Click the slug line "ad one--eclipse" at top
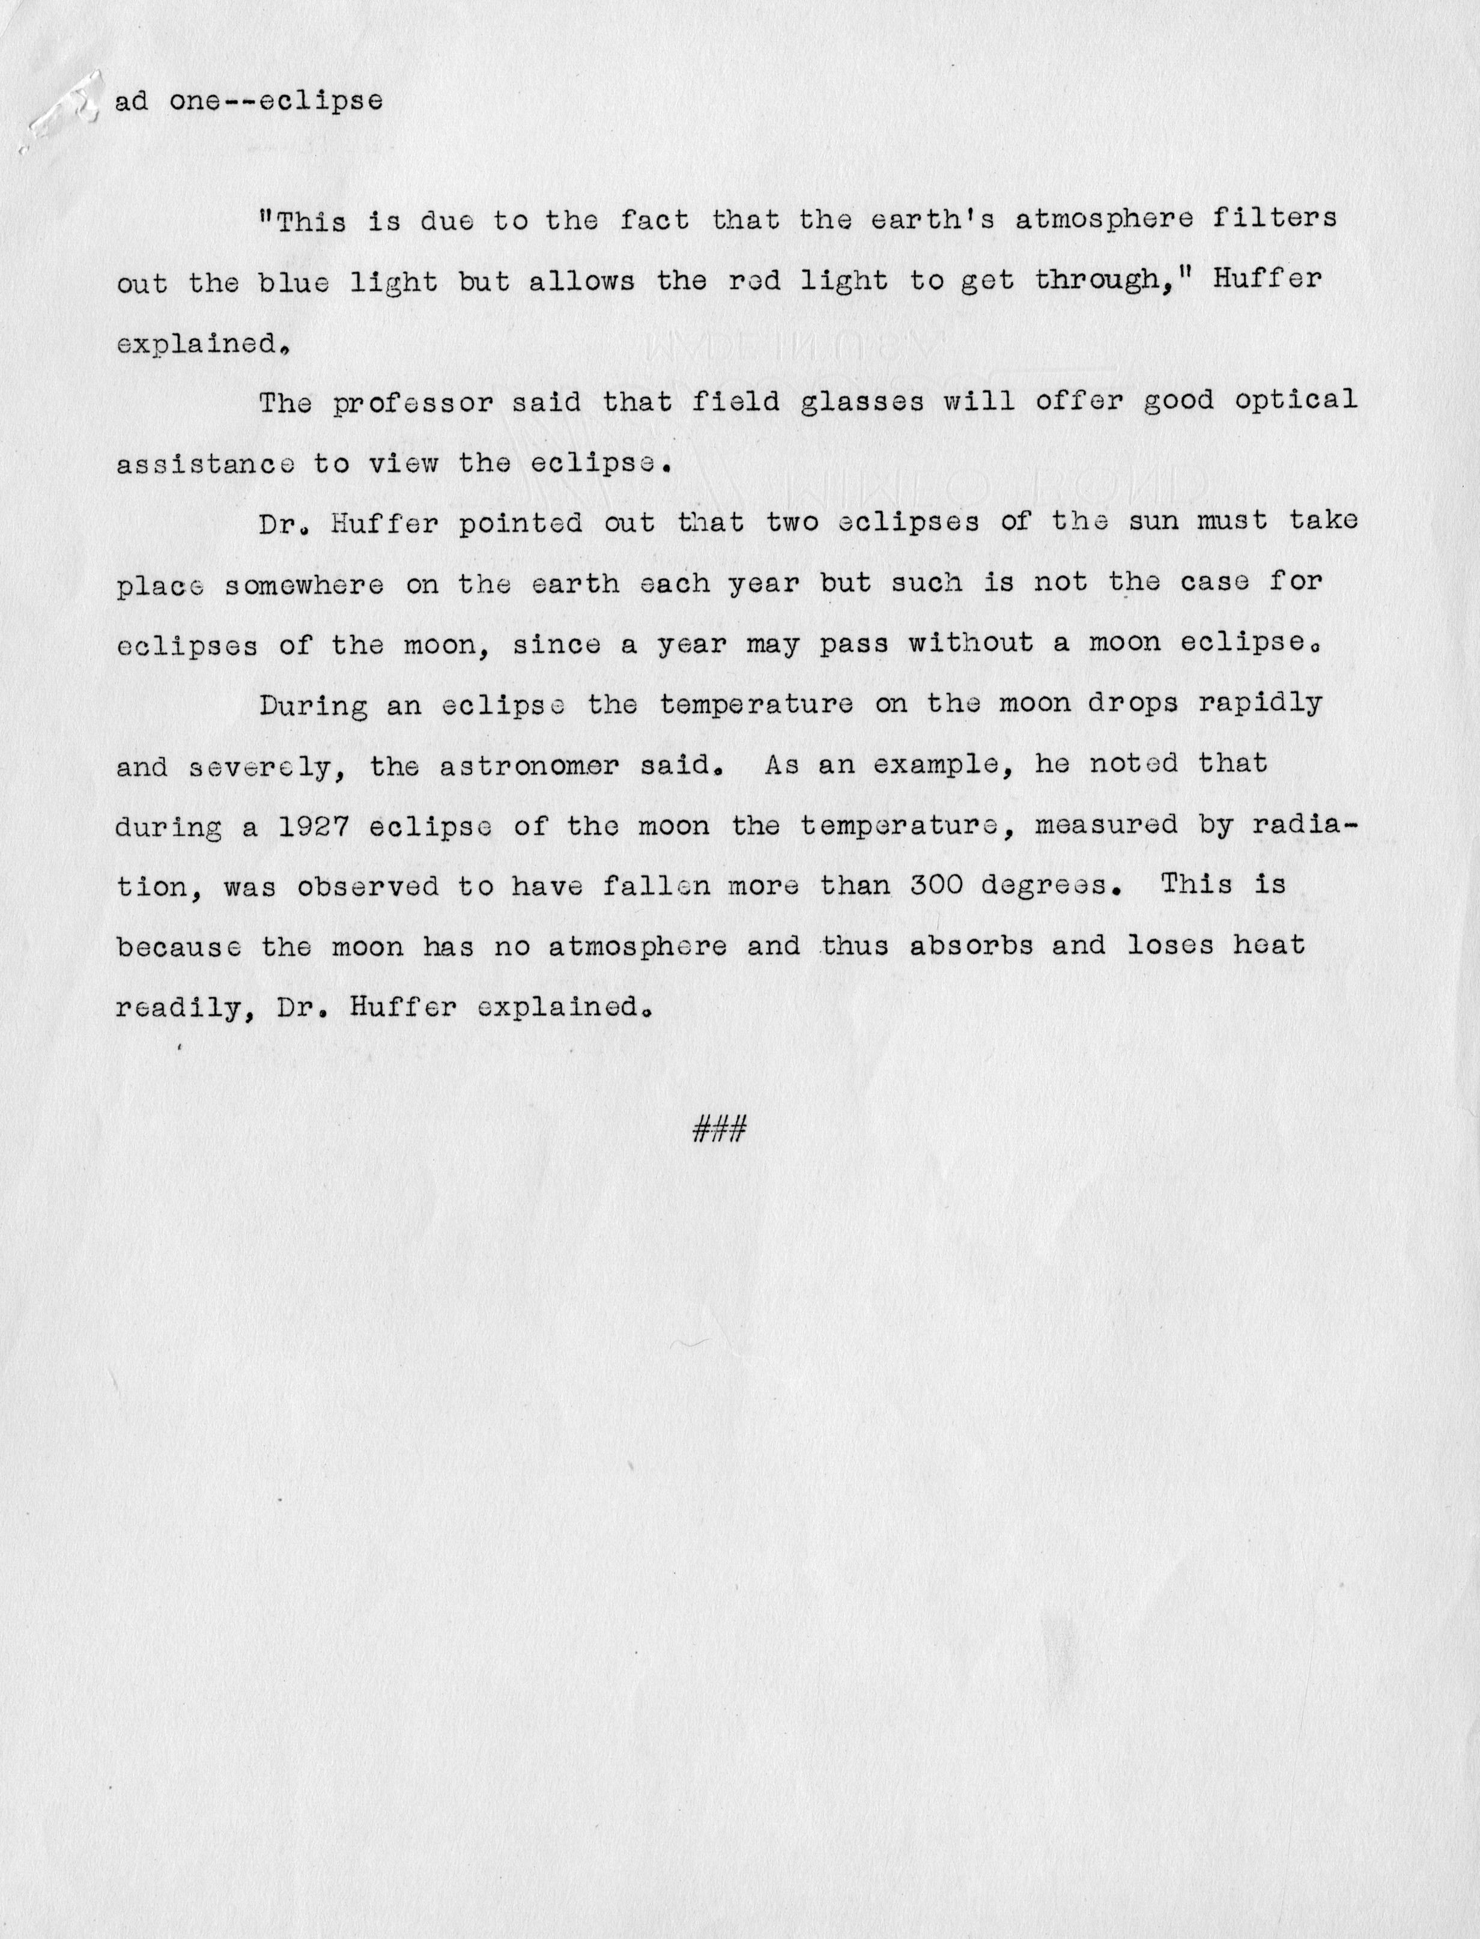[x=249, y=102]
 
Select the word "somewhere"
[x=304, y=585]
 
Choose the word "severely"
[x=259, y=766]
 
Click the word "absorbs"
[x=959, y=945]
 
